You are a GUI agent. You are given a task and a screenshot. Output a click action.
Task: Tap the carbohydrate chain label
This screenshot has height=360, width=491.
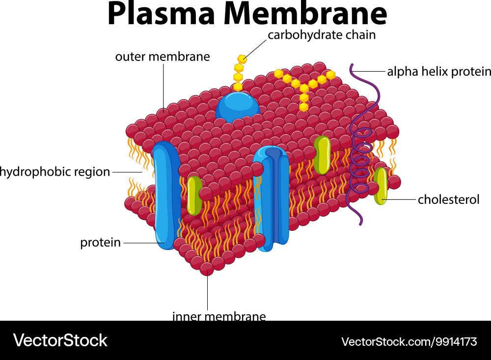322,35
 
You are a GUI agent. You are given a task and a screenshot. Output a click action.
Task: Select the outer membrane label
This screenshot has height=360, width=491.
163,56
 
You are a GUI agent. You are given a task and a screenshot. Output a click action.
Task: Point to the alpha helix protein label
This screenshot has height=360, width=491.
438,72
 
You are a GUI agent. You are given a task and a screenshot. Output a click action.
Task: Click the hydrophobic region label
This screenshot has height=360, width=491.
55,172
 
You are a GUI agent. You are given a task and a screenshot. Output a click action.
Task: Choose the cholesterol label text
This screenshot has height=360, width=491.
448,199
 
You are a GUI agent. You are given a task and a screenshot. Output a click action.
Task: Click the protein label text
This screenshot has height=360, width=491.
101,243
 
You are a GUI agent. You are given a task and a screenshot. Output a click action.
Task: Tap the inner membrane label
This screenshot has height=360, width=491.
219,316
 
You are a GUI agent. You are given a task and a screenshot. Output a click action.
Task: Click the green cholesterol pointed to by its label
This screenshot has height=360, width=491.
381,186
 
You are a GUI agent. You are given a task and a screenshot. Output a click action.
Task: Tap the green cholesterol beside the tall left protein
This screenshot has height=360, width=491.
194,195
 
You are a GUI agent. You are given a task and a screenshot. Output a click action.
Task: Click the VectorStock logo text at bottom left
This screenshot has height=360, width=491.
60,340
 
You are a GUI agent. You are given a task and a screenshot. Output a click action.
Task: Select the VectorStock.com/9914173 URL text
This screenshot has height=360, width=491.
409,341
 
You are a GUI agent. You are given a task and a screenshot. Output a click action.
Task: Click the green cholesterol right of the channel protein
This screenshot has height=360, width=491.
322,155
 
